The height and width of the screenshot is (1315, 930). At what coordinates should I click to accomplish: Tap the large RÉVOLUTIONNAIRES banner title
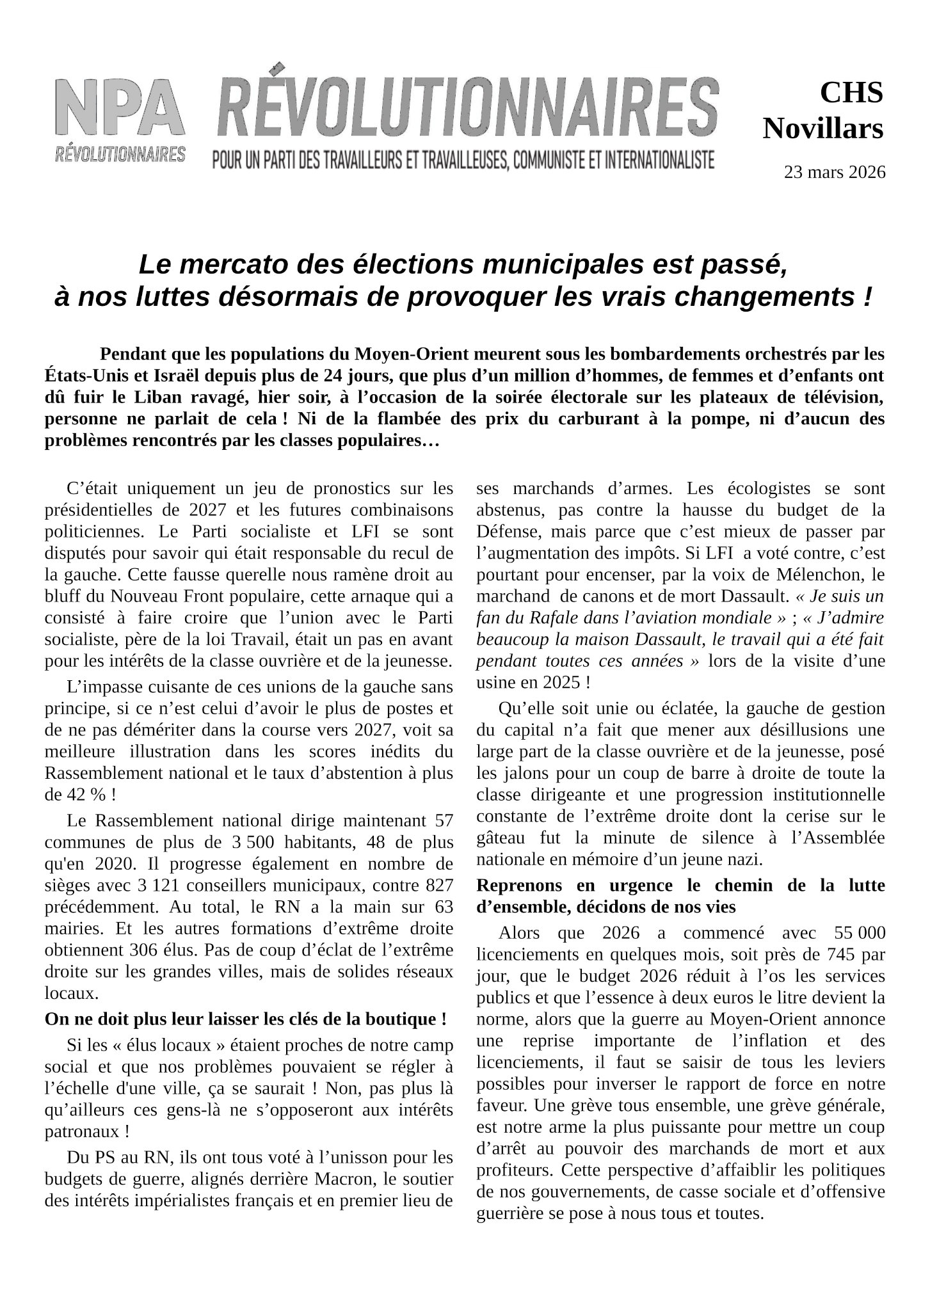[467, 108]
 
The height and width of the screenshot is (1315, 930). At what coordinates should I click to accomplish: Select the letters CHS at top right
[851, 93]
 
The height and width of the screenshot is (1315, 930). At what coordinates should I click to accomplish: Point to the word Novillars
[822, 129]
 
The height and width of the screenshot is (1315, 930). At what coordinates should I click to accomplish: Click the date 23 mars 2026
[835, 172]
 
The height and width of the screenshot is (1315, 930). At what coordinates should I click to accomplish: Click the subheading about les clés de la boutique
[245, 1018]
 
